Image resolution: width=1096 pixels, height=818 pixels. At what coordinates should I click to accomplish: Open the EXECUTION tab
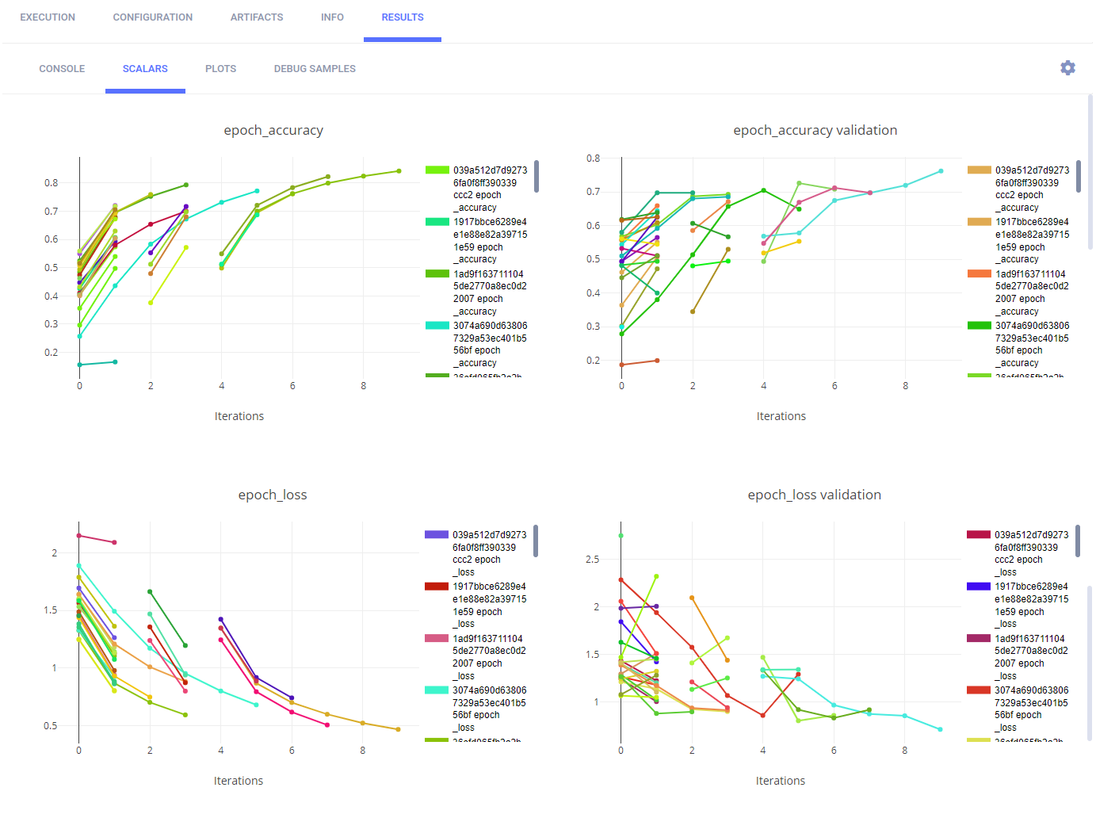coord(48,17)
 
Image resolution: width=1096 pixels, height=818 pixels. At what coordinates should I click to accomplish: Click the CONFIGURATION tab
coord(152,17)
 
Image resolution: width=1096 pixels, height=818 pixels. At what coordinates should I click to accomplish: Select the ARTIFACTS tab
coord(256,17)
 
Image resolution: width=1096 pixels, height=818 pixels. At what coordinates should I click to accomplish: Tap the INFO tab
coord(332,17)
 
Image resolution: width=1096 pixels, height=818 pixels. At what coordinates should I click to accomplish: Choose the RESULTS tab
coord(403,17)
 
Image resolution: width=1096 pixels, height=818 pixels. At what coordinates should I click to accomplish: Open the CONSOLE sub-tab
coord(62,69)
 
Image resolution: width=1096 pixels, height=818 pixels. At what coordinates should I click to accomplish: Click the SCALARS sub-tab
coord(145,69)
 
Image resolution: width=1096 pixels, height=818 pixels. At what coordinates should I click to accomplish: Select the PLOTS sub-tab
coord(220,69)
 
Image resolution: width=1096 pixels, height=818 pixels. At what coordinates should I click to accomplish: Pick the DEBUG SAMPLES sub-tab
coord(315,69)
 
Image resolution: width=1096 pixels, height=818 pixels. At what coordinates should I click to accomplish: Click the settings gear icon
coord(1067,68)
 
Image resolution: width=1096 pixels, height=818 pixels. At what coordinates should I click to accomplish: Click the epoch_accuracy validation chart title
coord(815,131)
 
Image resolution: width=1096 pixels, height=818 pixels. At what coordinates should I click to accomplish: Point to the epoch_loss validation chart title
coord(814,495)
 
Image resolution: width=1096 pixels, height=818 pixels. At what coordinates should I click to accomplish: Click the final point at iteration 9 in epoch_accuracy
coord(399,171)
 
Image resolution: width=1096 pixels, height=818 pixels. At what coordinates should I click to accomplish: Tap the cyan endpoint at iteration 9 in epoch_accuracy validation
coord(941,171)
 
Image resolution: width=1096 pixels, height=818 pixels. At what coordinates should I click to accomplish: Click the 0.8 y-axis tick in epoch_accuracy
coord(52,183)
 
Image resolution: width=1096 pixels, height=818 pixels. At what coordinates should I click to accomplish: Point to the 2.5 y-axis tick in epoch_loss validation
coord(592,560)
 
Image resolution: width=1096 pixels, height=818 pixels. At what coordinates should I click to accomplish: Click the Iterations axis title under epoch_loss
coord(239,782)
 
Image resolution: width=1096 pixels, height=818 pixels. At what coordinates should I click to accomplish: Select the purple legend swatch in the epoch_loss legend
coord(437,535)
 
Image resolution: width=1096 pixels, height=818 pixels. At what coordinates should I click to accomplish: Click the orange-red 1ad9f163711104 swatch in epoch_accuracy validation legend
coord(980,273)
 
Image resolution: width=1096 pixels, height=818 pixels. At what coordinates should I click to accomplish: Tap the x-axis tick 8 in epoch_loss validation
coord(905,751)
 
